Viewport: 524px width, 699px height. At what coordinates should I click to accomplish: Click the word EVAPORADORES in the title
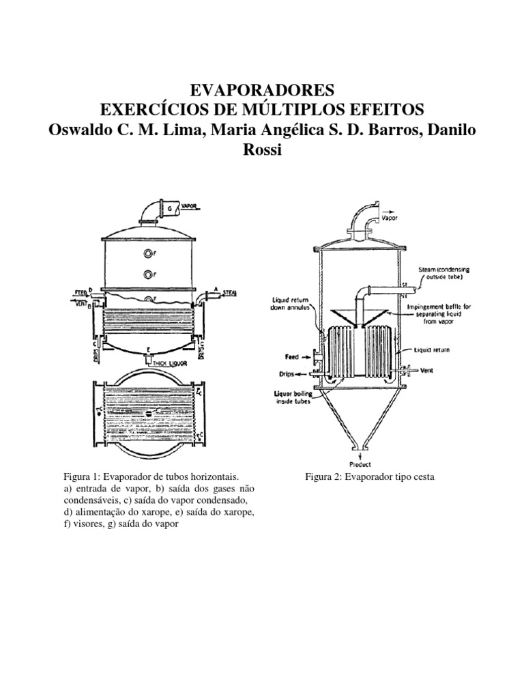[x=261, y=89]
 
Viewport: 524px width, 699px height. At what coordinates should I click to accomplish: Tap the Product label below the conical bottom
[x=360, y=463]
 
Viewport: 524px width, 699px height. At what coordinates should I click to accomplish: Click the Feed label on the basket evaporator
[x=294, y=356]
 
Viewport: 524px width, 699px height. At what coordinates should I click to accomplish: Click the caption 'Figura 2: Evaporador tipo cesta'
[x=369, y=477]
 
